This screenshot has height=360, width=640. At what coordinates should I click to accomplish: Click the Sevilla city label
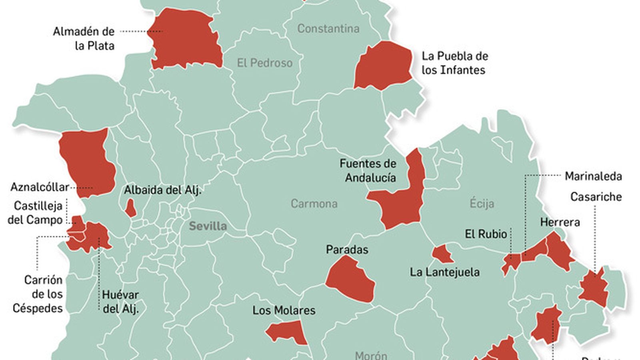pos(208,226)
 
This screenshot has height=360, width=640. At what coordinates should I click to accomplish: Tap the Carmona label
pos(314,204)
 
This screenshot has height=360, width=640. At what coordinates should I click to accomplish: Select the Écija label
pos(482,204)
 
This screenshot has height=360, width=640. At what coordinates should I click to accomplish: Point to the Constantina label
pos(328,28)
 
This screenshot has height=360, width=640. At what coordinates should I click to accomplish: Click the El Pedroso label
pos(264,63)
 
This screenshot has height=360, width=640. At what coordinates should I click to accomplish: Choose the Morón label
pos(371,355)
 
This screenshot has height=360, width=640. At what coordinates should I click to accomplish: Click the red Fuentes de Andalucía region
pos(402,204)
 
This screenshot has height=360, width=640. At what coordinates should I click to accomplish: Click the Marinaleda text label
pos(593,176)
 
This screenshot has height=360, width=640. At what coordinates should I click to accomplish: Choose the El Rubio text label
pos(486,234)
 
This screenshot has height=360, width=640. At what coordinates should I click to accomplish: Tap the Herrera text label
pos(560,222)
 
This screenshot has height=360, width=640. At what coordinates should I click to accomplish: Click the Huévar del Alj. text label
pos(120,302)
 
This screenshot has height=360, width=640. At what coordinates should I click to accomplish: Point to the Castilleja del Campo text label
pos(36,213)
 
